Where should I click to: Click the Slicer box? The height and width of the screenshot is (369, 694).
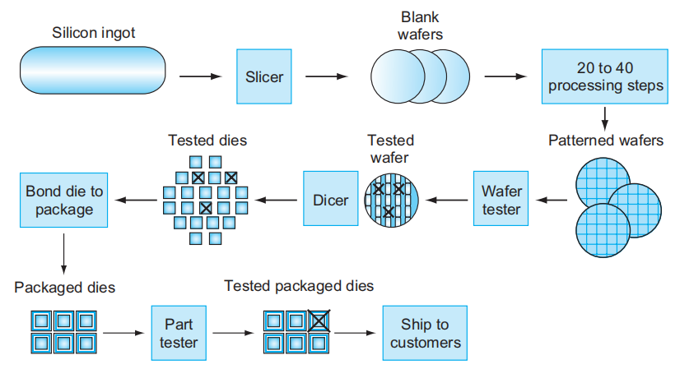(264, 76)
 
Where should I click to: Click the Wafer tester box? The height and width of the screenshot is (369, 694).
(501, 200)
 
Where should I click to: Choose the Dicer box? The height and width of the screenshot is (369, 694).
(331, 200)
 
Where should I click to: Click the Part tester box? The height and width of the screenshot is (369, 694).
(178, 333)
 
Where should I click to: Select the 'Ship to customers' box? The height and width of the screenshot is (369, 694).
(425, 333)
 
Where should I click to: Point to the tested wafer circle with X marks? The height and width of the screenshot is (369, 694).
(391, 200)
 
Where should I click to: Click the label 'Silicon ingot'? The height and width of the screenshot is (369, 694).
(94, 33)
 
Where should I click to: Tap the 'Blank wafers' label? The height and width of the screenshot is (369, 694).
(420, 25)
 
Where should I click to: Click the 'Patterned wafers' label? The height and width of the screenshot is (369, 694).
(605, 141)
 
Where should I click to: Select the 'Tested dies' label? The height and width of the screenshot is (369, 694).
(207, 141)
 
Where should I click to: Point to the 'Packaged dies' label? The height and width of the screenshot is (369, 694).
(64, 288)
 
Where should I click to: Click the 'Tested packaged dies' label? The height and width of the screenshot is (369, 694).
(299, 286)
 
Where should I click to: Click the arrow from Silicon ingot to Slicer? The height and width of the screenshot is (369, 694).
(201, 77)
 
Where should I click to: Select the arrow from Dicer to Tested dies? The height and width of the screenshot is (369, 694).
(278, 200)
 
